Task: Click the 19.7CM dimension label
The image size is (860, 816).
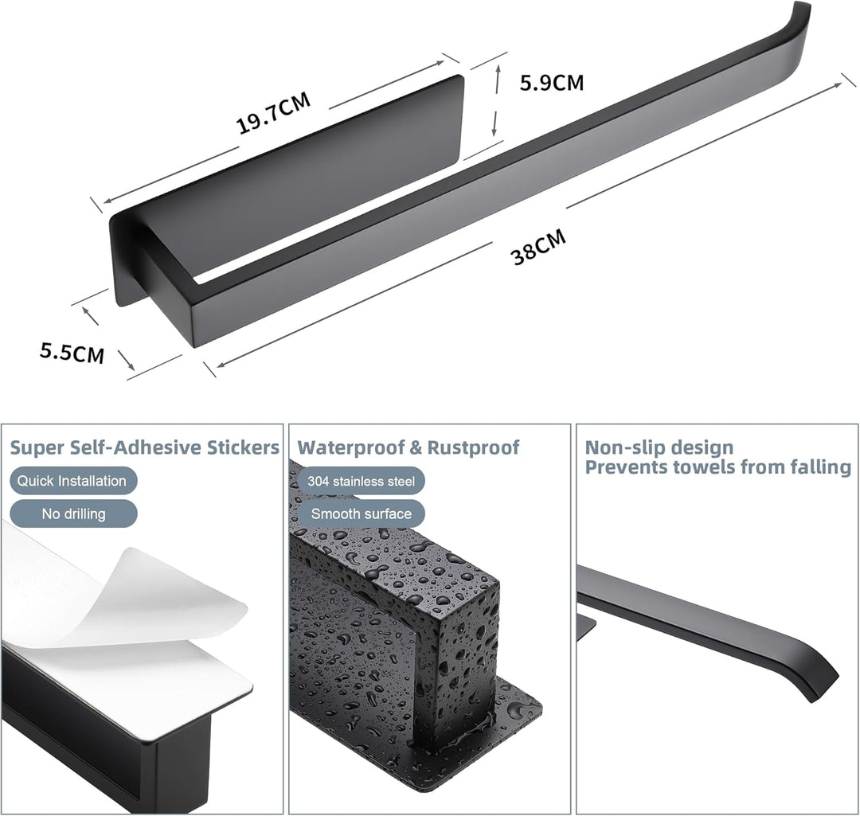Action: pos(273,113)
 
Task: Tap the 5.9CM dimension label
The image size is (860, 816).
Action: pos(552,82)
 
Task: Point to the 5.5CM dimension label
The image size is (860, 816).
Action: pos(72,353)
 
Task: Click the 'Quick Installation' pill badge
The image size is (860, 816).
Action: pos(73,481)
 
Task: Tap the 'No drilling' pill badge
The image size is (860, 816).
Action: pos(73,513)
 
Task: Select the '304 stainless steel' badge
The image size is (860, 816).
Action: pos(361,481)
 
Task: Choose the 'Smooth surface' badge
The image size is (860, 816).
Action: pos(361,513)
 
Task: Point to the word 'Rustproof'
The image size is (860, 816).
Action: pos(473,447)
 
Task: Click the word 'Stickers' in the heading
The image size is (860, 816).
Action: pos(243,447)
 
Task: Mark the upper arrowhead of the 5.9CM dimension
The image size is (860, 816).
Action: pos(498,69)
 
